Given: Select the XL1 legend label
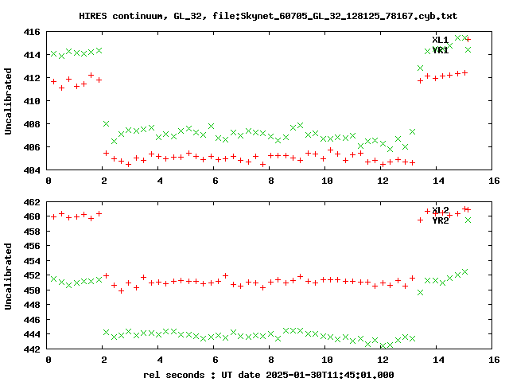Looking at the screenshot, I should coord(440,40).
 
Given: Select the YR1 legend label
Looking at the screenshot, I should coord(440,50).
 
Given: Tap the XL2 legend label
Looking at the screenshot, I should coord(440,210).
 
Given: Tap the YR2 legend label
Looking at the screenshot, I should coord(440,220).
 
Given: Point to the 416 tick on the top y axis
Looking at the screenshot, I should coord(33,32).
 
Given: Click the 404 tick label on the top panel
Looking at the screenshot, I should coord(33,170).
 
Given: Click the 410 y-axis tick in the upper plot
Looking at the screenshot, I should coord(33,101).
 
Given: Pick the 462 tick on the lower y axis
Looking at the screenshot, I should coord(33,202).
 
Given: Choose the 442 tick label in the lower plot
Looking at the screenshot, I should coord(33,349).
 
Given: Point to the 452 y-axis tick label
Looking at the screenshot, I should coord(33,276).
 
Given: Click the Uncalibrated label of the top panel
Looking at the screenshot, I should coord(9,101).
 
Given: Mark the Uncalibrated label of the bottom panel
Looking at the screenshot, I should coord(9,276).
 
